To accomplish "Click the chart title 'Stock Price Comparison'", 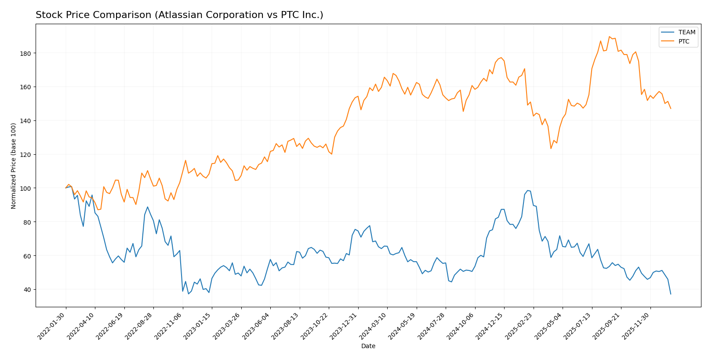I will click(x=179, y=15).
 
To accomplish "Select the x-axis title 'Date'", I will click(x=368, y=346).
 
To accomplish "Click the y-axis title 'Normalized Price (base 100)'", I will click(x=14, y=166).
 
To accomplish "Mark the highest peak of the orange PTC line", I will click(x=609, y=36).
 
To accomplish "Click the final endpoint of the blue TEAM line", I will click(x=671, y=294).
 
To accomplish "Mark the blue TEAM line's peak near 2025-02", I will click(x=527, y=190).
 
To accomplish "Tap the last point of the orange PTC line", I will click(x=671, y=109).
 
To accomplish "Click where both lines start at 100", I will click(x=66, y=188).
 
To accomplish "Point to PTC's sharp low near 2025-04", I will click(x=551, y=149).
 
